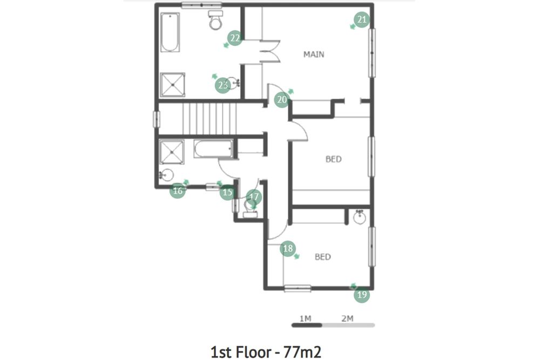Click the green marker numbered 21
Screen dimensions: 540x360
pos(362,19)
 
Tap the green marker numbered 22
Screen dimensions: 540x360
pos(235,38)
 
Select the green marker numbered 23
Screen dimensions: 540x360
pos(223,85)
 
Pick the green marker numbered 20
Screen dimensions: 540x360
pos(282,100)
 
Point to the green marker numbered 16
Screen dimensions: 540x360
pos(178,191)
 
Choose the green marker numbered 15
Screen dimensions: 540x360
pos(228,192)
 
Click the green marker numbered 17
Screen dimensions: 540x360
pos(254,197)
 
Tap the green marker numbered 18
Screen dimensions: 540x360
pos(288,248)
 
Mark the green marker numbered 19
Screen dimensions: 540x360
pos(362,295)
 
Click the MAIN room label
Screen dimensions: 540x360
pos(314,55)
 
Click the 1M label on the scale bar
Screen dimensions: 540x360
pos(305,318)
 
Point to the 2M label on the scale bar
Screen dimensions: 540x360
pos(347,318)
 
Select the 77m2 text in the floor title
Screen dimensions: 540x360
pos(302,352)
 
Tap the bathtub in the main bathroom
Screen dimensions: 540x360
pos(170,32)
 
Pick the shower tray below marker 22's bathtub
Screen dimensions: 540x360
pos(173,85)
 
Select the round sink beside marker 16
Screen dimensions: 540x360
pos(167,175)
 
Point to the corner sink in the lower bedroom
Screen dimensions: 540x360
pos(360,217)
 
